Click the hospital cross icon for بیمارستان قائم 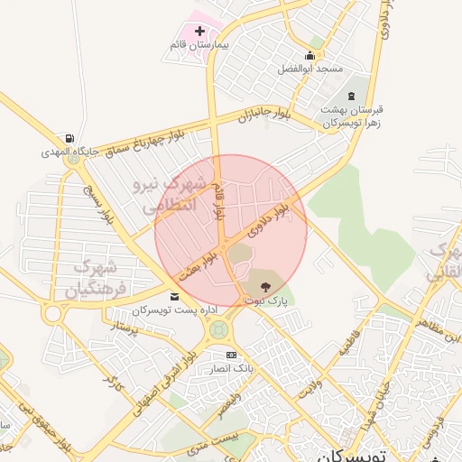click(x=199, y=32)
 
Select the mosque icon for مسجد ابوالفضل click(x=310, y=56)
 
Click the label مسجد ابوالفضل click(x=310, y=69)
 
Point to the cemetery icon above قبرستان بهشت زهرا click(x=351, y=96)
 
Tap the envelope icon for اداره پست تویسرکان click(x=174, y=296)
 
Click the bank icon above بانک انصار click(x=231, y=355)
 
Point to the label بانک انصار click(x=231, y=368)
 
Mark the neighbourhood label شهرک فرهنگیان click(x=90, y=278)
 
